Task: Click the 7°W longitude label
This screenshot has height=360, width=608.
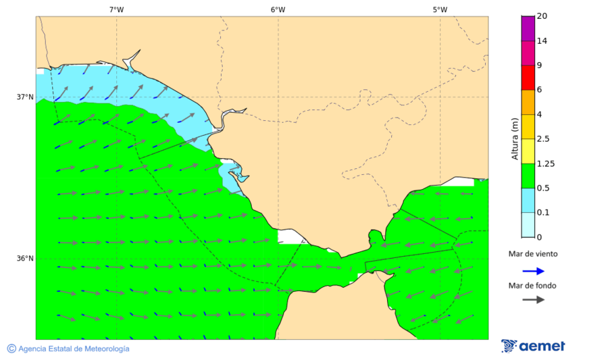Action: [116, 9]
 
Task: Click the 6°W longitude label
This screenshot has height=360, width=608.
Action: [278, 9]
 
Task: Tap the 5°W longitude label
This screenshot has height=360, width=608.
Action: [440, 9]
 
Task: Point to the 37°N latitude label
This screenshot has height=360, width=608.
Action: [25, 97]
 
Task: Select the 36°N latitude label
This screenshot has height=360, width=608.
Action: [25, 259]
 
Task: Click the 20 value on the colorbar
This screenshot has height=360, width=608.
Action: [542, 16]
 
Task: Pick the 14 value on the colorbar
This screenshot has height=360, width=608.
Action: [542, 41]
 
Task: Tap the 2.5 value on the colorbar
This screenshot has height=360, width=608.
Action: [543, 139]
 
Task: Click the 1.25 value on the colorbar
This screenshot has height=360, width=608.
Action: [545, 163]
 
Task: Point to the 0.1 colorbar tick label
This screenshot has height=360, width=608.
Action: [543, 213]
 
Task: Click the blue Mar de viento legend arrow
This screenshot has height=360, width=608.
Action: [533, 271]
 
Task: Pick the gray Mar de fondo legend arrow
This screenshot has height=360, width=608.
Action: [533, 299]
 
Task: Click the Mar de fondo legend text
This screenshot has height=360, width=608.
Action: [533, 286]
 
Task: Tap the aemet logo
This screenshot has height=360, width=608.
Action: [534, 346]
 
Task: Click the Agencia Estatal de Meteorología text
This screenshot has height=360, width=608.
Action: [74, 349]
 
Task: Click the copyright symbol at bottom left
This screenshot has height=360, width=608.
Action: [11, 349]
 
